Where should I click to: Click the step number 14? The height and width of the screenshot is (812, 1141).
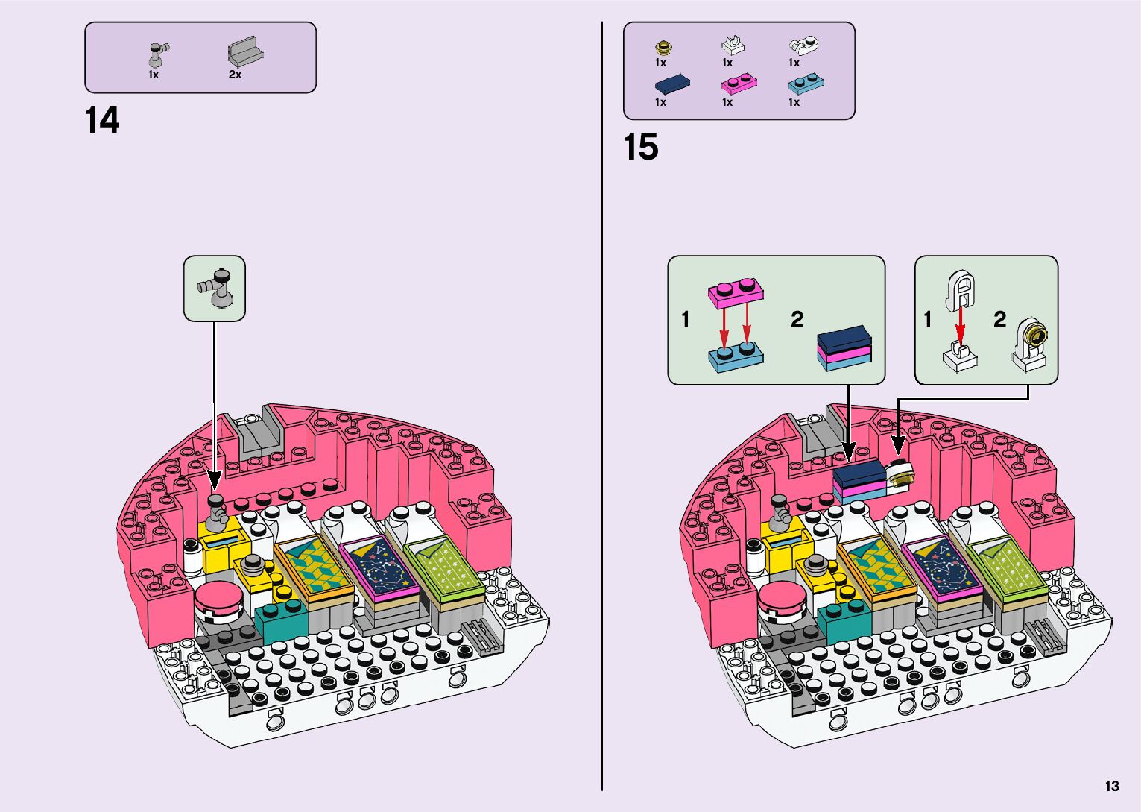[x=102, y=120]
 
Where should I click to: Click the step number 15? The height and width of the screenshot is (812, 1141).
[x=641, y=147]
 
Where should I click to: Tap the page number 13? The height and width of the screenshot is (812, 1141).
[x=1112, y=786]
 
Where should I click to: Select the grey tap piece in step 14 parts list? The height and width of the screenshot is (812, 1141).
[x=158, y=54]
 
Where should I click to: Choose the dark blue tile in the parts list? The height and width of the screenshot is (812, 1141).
[x=671, y=83]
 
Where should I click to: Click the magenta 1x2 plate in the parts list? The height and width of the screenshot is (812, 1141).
[x=739, y=83]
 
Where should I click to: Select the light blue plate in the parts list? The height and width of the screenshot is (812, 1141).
[x=806, y=83]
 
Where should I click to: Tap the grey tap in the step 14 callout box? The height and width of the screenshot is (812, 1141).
[x=216, y=287]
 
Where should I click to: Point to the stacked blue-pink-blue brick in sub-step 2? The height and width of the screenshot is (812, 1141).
[x=844, y=348]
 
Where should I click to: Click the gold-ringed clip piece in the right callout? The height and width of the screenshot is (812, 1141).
[x=1033, y=342]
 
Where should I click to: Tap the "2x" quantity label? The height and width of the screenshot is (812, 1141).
[x=235, y=75]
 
